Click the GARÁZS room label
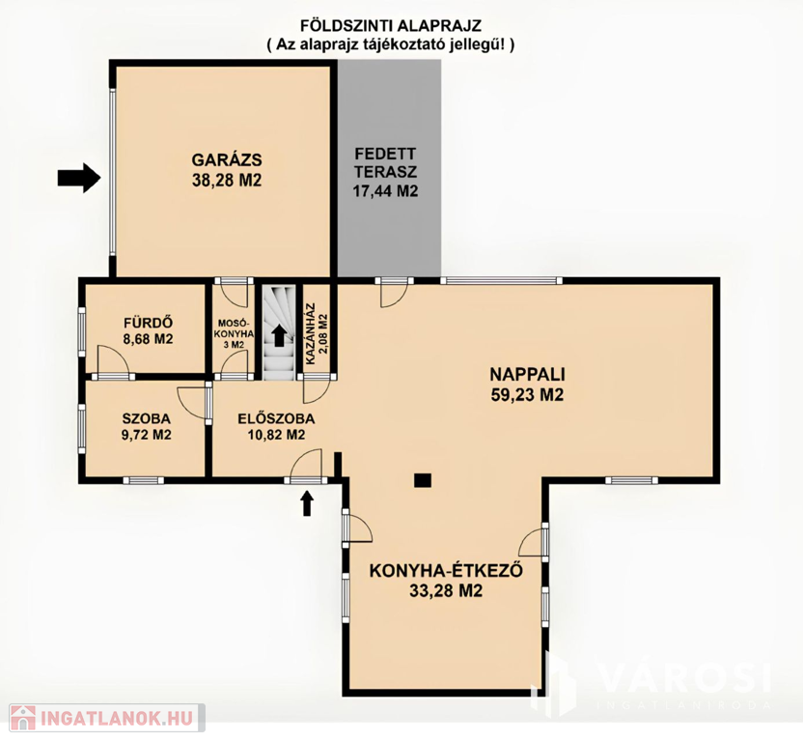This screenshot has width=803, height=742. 227,159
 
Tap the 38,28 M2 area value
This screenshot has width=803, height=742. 227,180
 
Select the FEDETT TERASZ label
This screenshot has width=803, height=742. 386,162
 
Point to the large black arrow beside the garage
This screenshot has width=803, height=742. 78,178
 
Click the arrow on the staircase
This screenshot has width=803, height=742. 279,335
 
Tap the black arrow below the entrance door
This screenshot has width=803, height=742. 307,503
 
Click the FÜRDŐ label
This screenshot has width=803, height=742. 148,323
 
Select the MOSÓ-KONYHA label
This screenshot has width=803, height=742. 235,328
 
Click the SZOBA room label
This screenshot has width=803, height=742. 147,418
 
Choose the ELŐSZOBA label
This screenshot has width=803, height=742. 276,418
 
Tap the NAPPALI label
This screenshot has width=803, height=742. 528,374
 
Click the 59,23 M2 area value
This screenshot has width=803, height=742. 528,395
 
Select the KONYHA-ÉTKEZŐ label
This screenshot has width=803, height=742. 446,570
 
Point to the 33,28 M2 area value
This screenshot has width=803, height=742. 446,590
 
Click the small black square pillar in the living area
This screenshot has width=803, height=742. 423,480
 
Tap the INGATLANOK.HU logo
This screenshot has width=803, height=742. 102,718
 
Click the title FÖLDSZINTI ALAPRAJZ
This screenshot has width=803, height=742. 390,25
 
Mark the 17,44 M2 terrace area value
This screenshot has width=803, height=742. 386,191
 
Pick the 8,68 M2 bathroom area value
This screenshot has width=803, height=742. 148,339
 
